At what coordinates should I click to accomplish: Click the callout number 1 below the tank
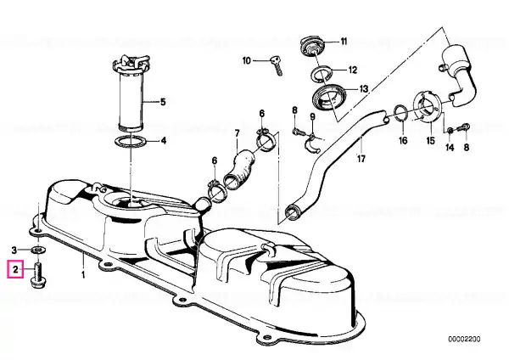click(x=84, y=275)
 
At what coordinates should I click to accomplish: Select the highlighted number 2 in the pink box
click(x=15, y=272)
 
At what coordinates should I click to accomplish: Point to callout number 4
click(x=163, y=140)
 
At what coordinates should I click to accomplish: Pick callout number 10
click(x=246, y=60)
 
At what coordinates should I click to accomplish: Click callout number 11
click(x=344, y=41)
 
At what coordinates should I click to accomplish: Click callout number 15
click(x=429, y=140)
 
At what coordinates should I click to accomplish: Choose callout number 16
click(x=403, y=140)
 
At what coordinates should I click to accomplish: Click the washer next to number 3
click(x=39, y=250)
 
